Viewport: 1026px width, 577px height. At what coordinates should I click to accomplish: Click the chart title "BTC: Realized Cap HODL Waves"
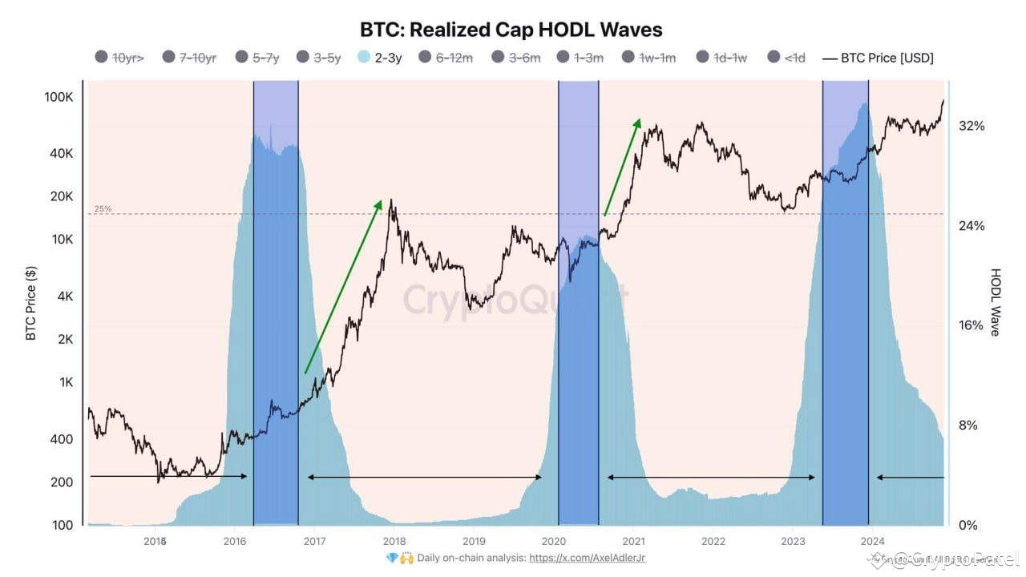click(x=512, y=30)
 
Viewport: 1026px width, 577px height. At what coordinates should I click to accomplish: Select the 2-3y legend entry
click(x=381, y=57)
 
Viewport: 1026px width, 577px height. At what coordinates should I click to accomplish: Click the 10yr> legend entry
click(x=120, y=57)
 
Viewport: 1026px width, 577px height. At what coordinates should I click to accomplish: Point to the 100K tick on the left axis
click(x=59, y=97)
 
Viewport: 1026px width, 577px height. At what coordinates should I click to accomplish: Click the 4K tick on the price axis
click(x=64, y=297)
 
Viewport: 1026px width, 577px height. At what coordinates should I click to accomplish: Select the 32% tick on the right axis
click(x=971, y=126)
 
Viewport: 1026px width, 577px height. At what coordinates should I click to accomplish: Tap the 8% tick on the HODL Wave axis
click(x=968, y=426)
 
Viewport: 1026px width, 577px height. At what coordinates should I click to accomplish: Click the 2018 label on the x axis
click(x=394, y=541)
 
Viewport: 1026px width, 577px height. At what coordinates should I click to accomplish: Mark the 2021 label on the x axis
click(x=633, y=541)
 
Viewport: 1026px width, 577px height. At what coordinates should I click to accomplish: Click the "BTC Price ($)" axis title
click(x=31, y=302)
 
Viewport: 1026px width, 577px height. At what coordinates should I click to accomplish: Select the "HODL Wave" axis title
click(x=996, y=302)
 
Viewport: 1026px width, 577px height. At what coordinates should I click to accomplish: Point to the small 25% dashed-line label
click(x=103, y=209)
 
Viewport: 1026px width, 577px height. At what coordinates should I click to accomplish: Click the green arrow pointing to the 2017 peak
click(x=343, y=287)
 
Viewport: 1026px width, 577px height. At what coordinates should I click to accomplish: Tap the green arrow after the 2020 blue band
click(x=622, y=167)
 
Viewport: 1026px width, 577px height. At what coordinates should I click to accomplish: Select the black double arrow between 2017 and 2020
click(x=424, y=478)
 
